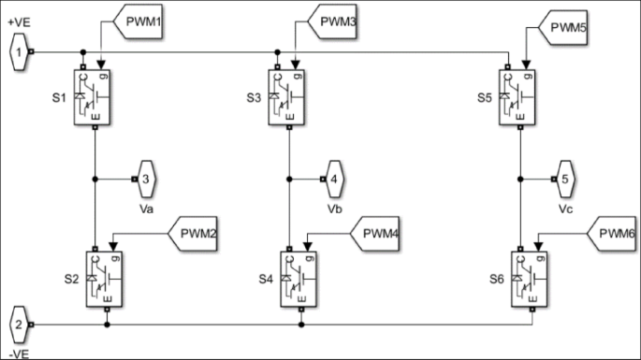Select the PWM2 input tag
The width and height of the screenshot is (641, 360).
[x=193, y=232]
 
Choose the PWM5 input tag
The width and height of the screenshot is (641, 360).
[x=564, y=29]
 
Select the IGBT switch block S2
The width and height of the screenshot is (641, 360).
[x=106, y=279]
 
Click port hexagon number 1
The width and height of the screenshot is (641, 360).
[x=19, y=52]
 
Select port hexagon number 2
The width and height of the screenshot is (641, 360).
[x=19, y=325]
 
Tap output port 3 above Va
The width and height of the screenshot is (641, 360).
[x=145, y=175]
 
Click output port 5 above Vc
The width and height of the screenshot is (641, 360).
[x=565, y=175]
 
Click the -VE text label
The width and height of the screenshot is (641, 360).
[x=19, y=353]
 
